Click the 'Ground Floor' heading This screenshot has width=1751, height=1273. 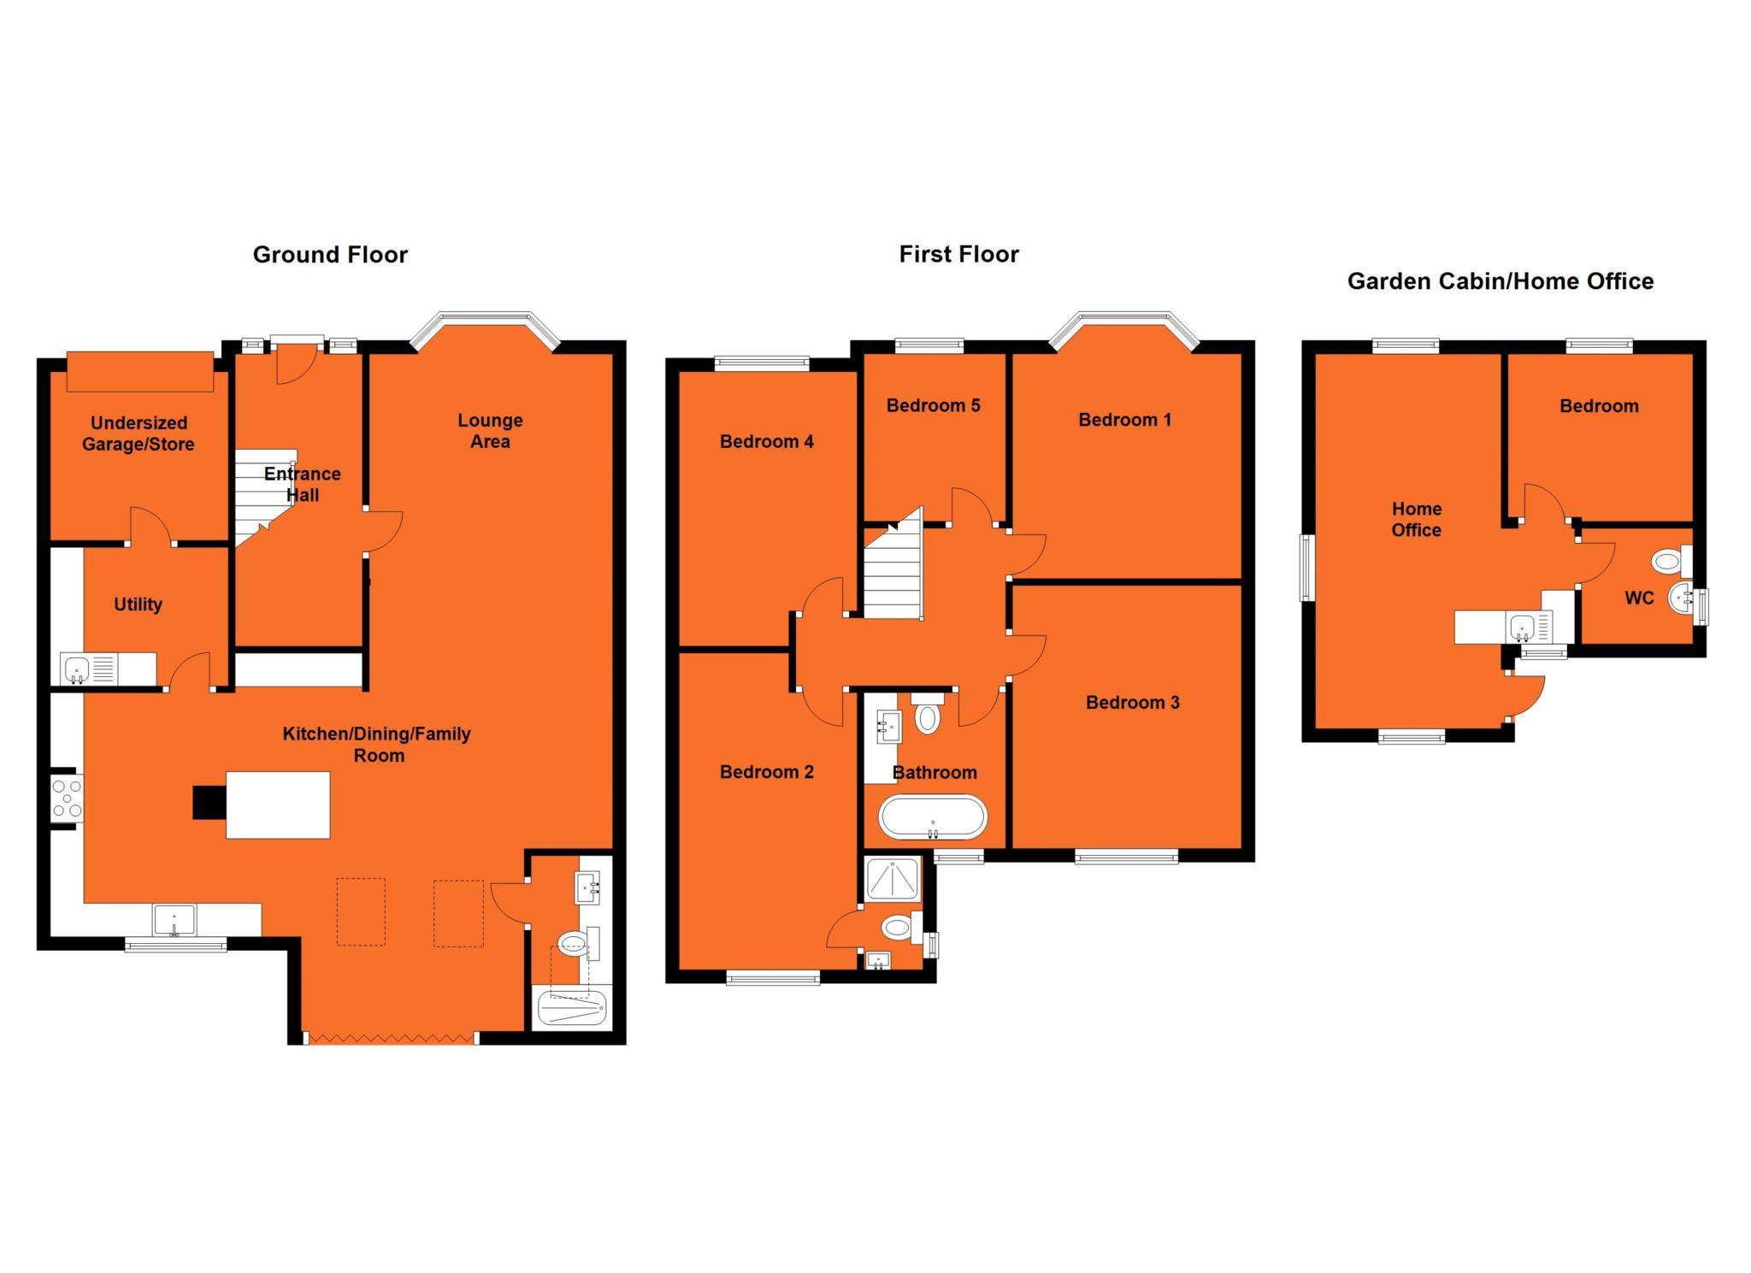point(330,255)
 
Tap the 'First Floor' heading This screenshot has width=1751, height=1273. point(958,254)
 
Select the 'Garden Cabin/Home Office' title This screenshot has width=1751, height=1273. point(1500,281)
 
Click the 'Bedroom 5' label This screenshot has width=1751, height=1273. point(933,405)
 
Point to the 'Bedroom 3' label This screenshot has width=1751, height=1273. point(1132,703)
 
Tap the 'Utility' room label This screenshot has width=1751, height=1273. point(138,604)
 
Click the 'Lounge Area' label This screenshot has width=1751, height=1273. point(490,431)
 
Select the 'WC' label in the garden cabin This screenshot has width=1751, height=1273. point(1639,598)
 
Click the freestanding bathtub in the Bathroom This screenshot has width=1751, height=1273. point(934,817)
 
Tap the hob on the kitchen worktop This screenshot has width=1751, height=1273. point(67,798)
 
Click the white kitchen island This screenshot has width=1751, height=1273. point(278,804)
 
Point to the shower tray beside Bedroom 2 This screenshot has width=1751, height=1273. point(893,878)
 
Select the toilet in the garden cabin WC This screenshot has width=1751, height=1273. point(1667,562)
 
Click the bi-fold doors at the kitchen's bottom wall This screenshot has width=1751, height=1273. point(392,1039)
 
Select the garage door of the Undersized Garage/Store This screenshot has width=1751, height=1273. point(140,372)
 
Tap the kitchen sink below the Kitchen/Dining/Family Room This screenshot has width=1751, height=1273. point(174,920)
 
